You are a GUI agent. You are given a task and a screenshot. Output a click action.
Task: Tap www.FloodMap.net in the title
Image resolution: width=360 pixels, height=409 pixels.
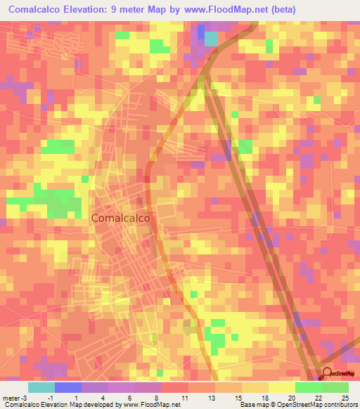point(227,10)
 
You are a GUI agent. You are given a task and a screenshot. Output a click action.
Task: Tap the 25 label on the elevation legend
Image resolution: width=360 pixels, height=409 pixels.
point(344,397)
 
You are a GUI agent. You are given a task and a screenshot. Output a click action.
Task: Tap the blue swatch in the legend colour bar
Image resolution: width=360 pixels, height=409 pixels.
point(67,387)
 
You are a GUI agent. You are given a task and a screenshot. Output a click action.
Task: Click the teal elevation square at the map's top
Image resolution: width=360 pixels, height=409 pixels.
point(212,39)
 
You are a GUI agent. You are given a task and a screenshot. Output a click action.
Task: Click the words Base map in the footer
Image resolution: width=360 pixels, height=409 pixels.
point(252,405)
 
